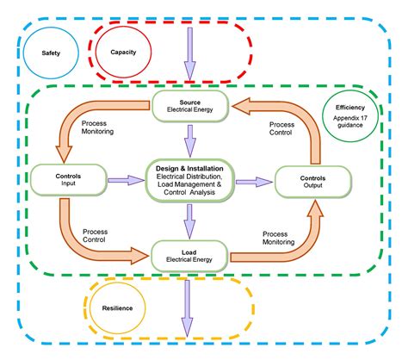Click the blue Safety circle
(x=51, y=53)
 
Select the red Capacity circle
(x=122, y=51)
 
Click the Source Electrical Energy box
(x=189, y=105)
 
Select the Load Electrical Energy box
(x=189, y=253)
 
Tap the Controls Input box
(x=62, y=179)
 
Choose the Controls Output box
(x=312, y=181)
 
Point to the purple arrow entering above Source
(x=189, y=60)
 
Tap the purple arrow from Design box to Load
(x=189, y=224)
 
